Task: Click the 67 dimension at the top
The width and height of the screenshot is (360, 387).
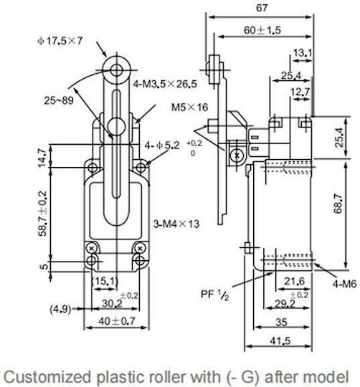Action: [262, 8]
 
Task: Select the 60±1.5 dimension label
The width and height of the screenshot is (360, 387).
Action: [262, 30]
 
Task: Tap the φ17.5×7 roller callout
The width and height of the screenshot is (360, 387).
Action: [60, 41]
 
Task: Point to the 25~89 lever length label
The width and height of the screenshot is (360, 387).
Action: [59, 100]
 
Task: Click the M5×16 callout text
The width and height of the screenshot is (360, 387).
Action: [189, 107]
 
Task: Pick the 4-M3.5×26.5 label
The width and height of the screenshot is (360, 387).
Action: [165, 84]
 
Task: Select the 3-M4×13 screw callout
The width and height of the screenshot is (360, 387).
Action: [176, 224]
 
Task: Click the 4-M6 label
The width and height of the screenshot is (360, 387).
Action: [345, 284]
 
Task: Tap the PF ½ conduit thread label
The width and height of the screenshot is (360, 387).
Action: [215, 294]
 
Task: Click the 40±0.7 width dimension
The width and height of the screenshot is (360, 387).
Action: [117, 321]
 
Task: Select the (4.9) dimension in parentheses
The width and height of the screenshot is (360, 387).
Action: [60, 309]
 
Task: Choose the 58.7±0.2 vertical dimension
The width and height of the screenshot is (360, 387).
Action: [42, 214]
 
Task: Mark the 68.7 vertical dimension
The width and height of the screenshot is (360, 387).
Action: [338, 204]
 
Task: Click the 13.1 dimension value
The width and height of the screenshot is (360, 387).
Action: [303, 53]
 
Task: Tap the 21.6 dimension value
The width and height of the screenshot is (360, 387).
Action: [294, 281]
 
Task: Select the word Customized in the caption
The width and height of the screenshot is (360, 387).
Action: [47, 377]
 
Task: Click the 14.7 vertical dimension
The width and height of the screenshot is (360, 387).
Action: [42, 158]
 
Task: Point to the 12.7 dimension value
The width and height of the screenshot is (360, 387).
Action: [300, 92]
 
